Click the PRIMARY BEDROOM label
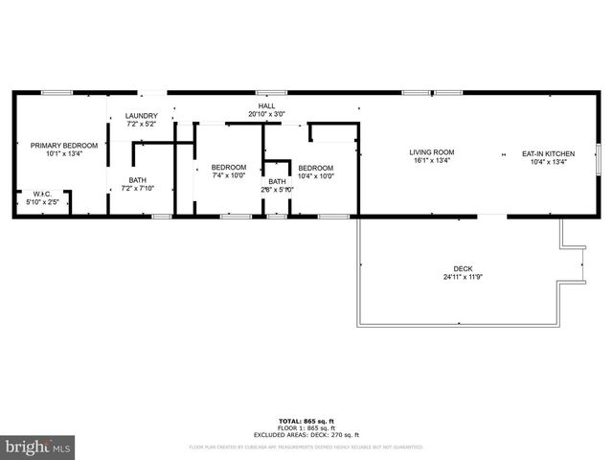click(64, 146)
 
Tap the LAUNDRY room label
click(141, 116)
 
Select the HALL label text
click(266, 105)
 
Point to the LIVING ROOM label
click(432, 152)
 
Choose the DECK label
click(463, 268)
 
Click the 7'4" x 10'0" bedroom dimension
click(229, 175)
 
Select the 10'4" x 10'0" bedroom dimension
click(315, 175)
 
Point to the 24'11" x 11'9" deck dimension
click(463, 278)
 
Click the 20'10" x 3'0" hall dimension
click(266, 114)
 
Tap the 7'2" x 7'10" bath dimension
click(139, 188)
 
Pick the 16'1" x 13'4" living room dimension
click(432, 161)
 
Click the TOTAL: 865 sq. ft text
click(306, 422)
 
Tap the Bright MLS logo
click(38, 447)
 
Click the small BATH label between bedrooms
click(276, 181)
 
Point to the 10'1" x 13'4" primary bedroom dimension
click(64, 154)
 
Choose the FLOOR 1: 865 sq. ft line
click(306, 428)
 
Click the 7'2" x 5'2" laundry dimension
click(141, 125)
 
